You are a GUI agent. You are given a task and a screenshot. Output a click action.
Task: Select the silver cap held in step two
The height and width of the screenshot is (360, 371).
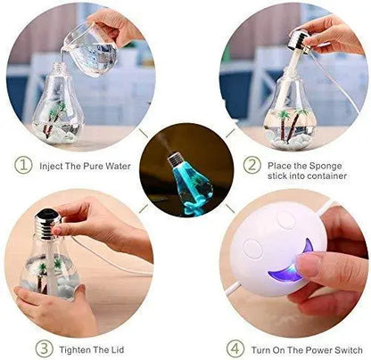(x=299, y=39)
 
